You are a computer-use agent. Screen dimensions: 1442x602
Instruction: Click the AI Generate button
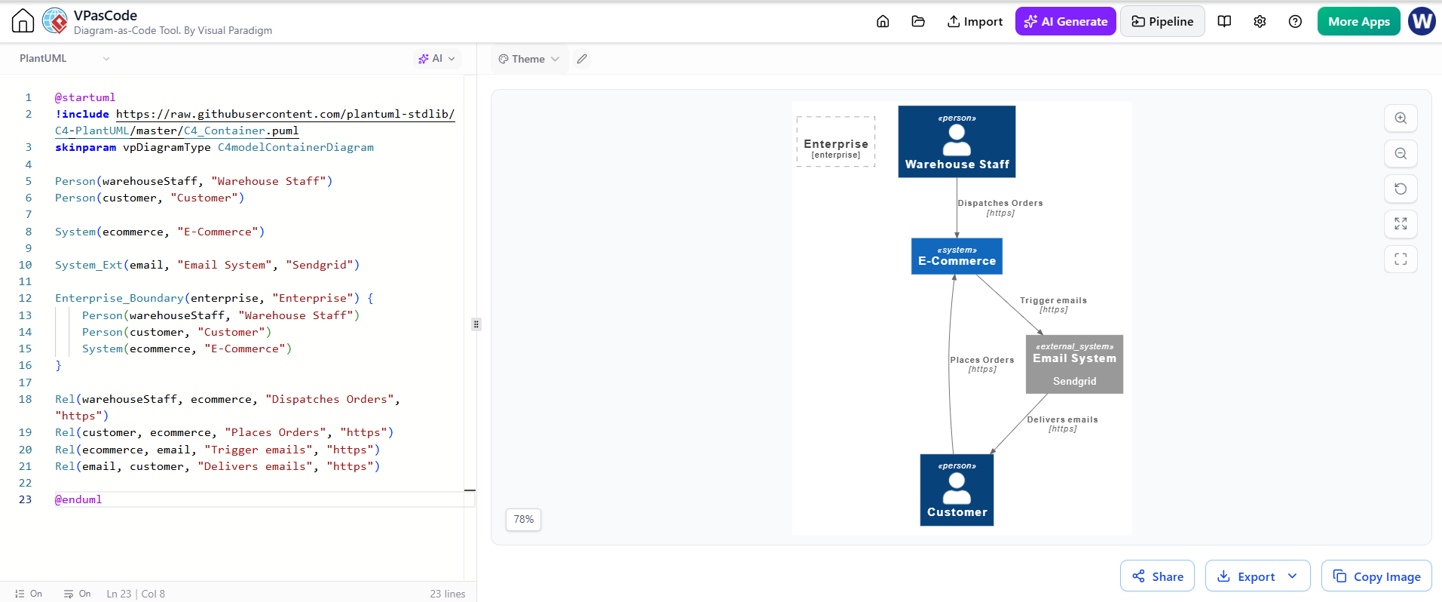point(1065,21)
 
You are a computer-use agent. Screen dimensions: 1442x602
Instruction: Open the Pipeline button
point(1162,21)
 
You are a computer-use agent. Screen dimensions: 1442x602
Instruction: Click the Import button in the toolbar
point(975,21)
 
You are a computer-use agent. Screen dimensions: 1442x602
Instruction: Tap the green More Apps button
point(1358,21)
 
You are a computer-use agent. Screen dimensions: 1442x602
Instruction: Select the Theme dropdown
point(528,59)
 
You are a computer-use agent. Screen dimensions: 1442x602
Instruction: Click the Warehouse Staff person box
point(957,142)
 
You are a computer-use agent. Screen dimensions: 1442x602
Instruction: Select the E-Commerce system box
point(957,256)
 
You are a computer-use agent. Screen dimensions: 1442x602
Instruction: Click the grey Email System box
point(1074,364)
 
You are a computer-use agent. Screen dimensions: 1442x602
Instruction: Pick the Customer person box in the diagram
point(957,490)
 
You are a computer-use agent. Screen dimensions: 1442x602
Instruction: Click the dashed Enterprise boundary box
point(836,117)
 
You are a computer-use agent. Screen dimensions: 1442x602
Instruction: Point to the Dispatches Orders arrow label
point(1000,207)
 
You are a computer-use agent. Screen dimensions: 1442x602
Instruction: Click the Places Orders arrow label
point(982,364)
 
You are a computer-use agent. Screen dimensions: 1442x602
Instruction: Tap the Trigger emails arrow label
point(1053,305)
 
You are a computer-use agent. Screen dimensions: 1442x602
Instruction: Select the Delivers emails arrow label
point(1062,424)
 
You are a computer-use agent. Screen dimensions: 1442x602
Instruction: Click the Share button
point(1157,576)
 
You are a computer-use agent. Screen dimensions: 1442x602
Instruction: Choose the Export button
point(1257,576)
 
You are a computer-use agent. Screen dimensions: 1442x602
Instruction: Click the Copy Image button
point(1376,576)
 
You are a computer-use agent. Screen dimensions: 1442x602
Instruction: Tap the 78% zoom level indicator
point(523,519)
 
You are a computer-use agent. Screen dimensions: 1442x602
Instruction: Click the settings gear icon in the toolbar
point(1260,21)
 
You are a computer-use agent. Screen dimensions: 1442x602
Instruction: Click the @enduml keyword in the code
point(78,499)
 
